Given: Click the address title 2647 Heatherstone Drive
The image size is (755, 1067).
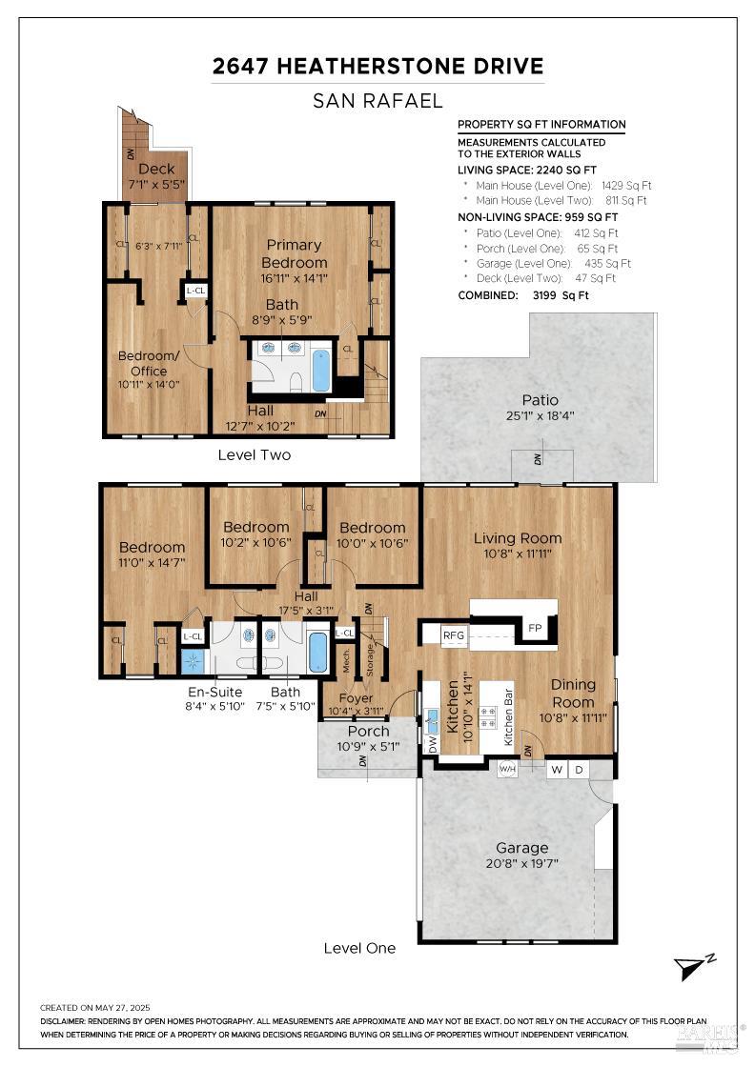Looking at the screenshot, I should (377, 66).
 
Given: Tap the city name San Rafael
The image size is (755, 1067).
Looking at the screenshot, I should (377, 101).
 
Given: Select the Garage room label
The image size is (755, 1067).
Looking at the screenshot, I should (521, 847).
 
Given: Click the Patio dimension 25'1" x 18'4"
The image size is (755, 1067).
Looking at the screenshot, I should (540, 415).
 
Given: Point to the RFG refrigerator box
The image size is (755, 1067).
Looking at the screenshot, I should (452, 634).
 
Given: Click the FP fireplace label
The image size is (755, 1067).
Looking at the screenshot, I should (533, 630).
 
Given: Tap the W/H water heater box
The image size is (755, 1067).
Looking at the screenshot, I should (507, 768).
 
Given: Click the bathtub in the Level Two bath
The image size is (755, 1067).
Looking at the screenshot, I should (321, 370).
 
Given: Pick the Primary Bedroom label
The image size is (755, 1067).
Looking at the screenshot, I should (294, 253).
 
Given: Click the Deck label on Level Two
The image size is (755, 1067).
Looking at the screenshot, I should (156, 170).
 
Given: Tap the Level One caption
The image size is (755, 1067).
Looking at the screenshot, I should (358, 948).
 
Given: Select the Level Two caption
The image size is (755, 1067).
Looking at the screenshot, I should (255, 455).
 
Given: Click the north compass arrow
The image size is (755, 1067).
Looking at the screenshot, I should (691, 967).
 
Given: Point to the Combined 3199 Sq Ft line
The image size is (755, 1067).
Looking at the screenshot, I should (523, 295).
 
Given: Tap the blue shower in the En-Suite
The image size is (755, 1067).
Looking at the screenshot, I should (193, 658).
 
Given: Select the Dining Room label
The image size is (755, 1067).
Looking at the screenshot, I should (572, 693).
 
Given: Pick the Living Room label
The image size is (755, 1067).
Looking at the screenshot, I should (518, 538).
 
